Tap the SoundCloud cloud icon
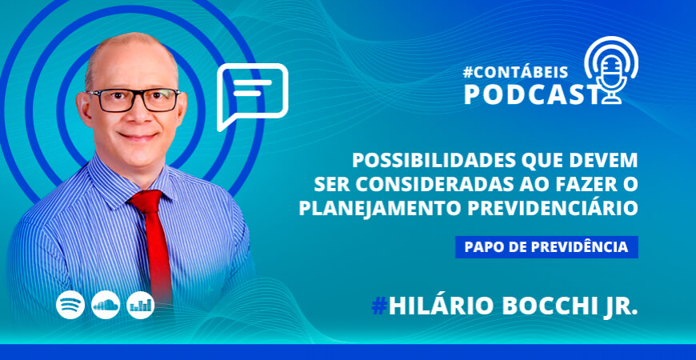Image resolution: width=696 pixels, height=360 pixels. [106, 305]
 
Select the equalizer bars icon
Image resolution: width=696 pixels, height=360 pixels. [140, 305]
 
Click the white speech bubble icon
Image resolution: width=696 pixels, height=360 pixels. [251, 95]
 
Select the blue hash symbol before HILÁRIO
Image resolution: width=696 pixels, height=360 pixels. [379, 306]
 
